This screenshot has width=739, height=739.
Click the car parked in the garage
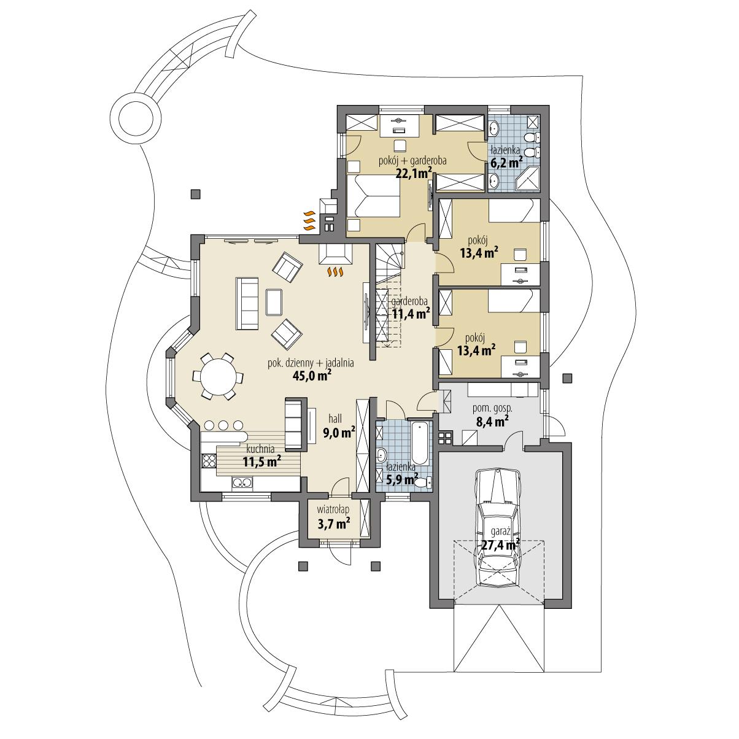pos(498,522)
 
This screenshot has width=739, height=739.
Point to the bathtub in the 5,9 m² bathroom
pos(421,442)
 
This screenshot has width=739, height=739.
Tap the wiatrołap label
pos(333,509)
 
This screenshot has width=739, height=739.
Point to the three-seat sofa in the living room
pos(247,303)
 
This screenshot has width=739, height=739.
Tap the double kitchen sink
pos(243,484)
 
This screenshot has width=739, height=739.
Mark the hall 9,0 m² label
pos(338,433)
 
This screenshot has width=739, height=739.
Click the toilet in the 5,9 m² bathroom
pos(422,483)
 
